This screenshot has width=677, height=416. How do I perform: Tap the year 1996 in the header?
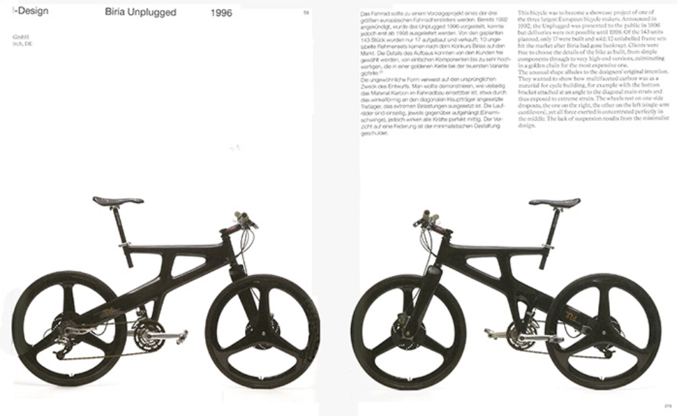pyautogui.click(x=221, y=13)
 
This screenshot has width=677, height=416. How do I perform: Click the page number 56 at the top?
pyautogui.click(x=306, y=13)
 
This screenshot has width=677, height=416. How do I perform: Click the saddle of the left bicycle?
pyautogui.click(x=118, y=200)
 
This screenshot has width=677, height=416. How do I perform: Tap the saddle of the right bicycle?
pyautogui.click(x=554, y=202)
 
